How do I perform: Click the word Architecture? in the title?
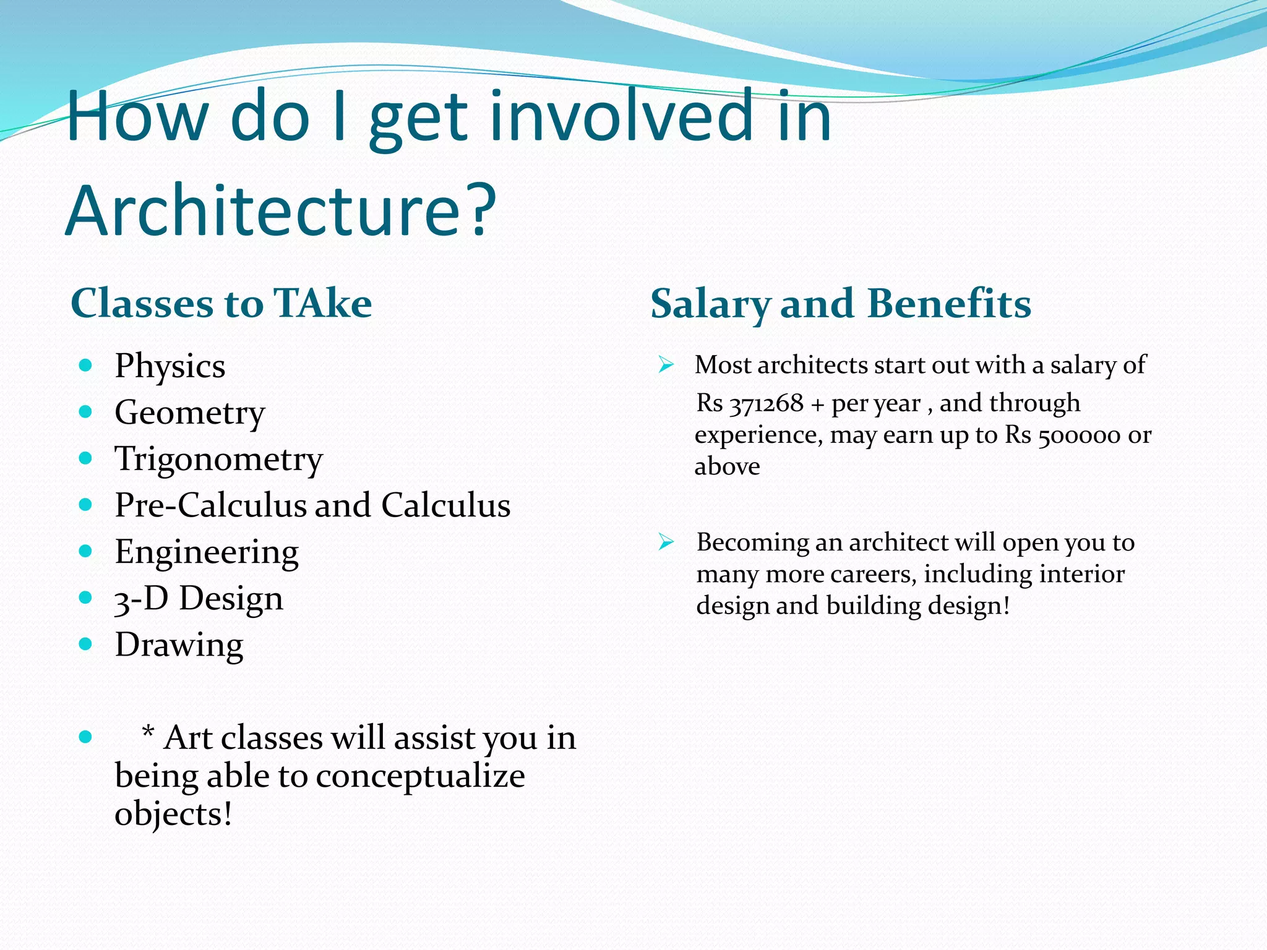click(x=280, y=210)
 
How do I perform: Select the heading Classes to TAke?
click(x=221, y=304)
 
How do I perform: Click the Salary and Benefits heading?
click(x=840, y=304)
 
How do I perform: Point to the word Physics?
click(x=170, y=366)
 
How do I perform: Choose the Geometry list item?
click(x=189, y=413)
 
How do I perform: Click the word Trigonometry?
click(x=218, y=459)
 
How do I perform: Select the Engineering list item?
click(x=206, y=552)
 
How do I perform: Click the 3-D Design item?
click(x=199, y=598)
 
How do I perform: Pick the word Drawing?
click(x=179, y=645)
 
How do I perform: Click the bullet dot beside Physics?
click(x=86, y=365)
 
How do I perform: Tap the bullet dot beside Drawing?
click(x=86, y=644)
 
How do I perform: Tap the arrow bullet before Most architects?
click(x=666, y=364)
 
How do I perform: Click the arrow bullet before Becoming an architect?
click(x=666, y=542)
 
